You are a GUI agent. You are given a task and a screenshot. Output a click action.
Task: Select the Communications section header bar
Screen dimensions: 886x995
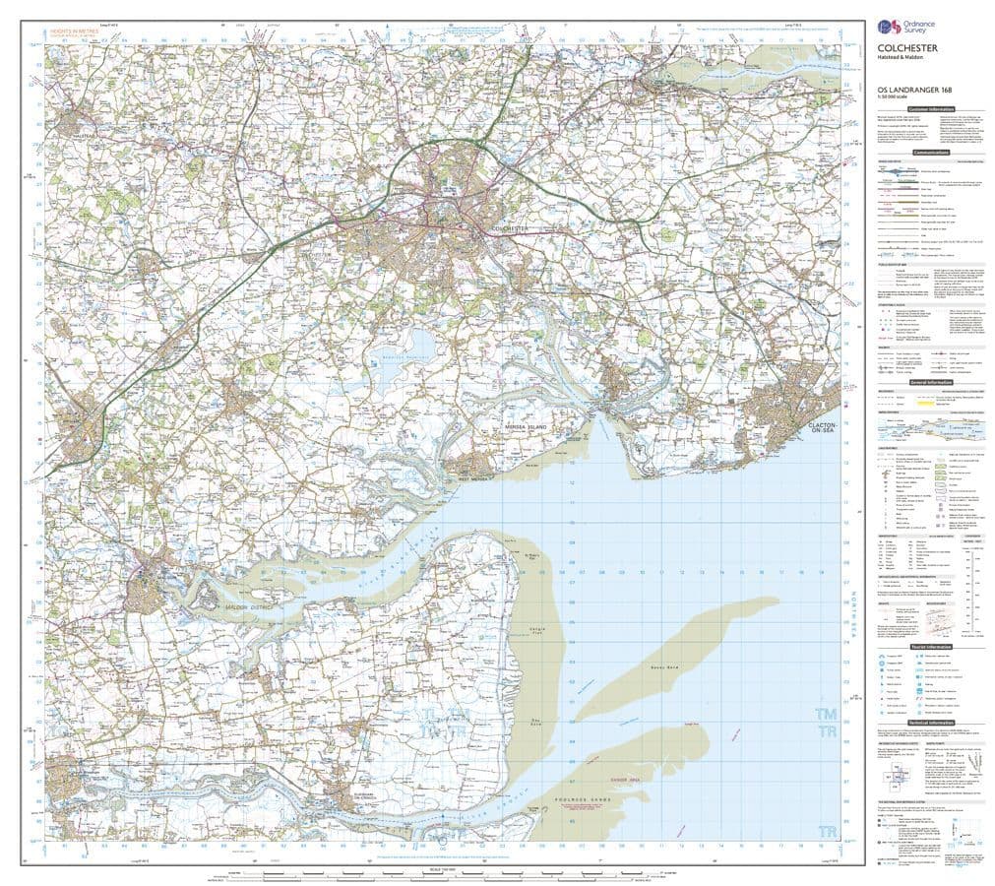point(930,153)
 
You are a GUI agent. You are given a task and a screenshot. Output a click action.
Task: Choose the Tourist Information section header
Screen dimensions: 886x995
point(930,647)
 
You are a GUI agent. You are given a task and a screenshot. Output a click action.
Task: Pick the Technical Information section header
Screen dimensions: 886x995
point(930,722)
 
